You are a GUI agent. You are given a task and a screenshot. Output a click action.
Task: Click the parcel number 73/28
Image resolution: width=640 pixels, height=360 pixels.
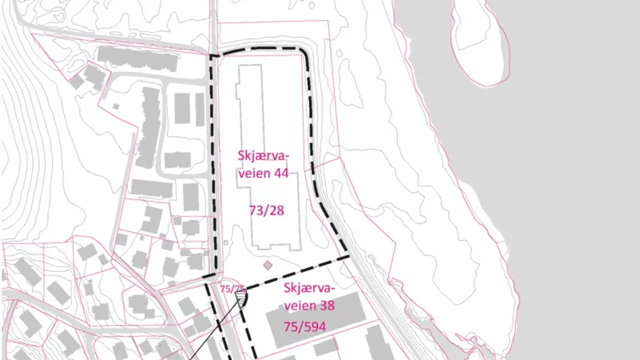[266, 210]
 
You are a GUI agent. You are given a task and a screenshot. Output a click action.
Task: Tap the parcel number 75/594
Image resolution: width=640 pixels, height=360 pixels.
[304, 326]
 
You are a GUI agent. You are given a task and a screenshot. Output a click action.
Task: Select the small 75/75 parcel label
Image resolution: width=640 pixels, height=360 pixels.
[233, 289]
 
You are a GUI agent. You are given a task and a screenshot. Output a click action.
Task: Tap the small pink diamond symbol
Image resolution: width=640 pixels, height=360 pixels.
[268, 265]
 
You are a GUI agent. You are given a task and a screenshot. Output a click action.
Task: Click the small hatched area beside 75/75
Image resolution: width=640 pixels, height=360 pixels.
[242, 298]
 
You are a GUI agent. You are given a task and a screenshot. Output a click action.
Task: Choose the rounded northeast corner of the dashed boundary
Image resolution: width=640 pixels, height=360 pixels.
[303, 52]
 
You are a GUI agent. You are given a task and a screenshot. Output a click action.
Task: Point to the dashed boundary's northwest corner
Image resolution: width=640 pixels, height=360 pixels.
[211, 56]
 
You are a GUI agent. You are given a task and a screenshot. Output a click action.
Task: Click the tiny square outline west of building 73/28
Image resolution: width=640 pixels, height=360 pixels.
[226, 243]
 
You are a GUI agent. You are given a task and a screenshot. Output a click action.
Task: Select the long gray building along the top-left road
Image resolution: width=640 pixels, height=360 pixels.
[137, 58]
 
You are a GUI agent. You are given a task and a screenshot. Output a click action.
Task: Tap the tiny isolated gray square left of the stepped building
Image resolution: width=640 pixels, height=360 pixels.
[116, 106]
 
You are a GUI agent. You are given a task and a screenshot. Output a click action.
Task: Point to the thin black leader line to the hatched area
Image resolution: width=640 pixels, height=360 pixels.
[215, 330]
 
